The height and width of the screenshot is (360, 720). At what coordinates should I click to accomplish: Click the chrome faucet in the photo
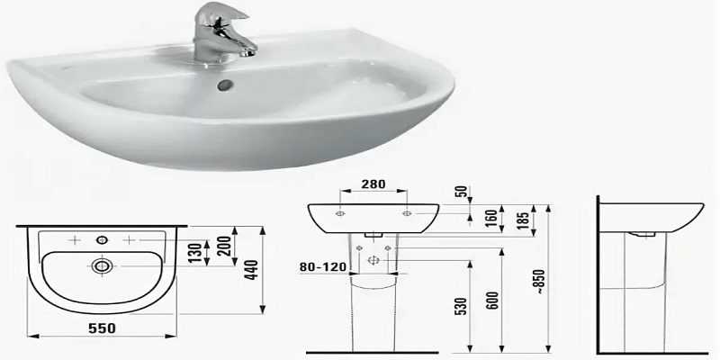[x=220, y=33]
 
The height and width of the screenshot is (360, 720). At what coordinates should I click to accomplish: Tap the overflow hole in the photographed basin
[x=226, y=85]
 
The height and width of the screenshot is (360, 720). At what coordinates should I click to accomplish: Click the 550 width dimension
[x=102, y=328]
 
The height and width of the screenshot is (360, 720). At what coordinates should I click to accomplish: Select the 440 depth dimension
[x=252, y=270]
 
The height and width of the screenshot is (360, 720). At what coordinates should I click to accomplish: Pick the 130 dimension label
[x=194, y=253]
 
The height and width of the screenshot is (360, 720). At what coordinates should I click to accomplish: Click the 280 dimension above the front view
[x=373, y=184]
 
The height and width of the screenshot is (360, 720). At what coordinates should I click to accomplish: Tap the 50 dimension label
[x=463, y=191]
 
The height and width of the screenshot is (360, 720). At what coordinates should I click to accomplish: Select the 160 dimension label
[x=490, y=219]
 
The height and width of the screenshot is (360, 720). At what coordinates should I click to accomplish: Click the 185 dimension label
[x=523, y=220]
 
